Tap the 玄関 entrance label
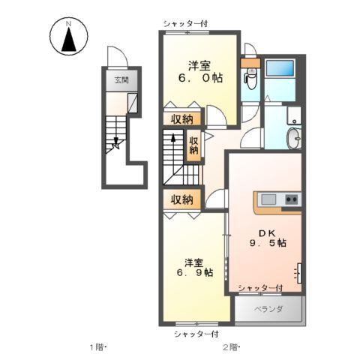point(120,79)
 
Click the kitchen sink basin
point(270,199)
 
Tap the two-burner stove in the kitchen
point(291,199)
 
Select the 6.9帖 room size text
point(194,272)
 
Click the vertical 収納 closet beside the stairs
point(193,144)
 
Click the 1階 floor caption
point(97,346)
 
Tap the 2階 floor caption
point(229,346)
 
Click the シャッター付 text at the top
point(184,24)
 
